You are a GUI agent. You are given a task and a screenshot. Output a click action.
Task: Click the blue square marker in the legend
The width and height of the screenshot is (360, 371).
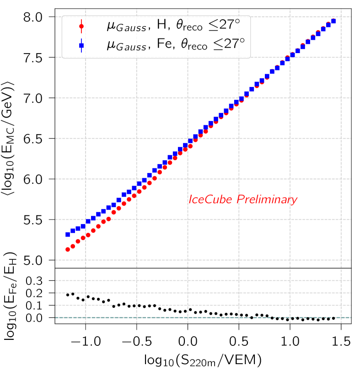[81, 45]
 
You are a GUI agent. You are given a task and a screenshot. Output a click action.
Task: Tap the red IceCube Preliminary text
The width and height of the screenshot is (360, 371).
[243, 200]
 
